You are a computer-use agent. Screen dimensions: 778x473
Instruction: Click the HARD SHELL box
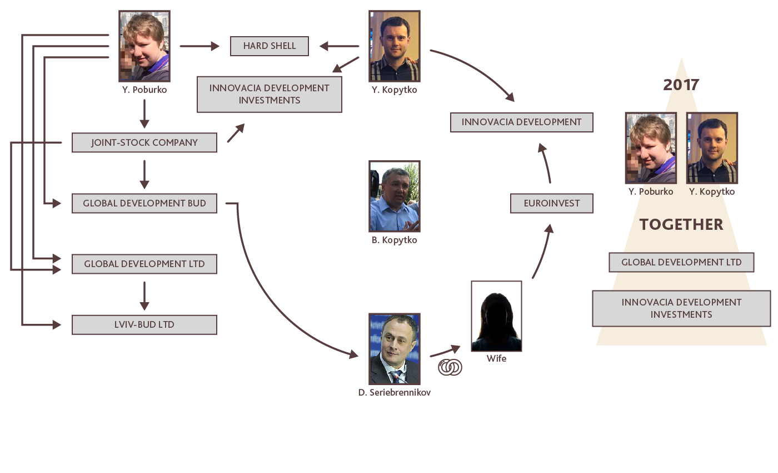click(269, 46)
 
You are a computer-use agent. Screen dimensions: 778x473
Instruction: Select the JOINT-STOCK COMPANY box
click(144, 142)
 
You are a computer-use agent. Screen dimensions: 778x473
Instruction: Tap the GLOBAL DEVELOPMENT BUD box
click(144, 204)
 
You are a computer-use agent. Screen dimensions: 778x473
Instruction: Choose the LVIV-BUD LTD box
click(144, 325)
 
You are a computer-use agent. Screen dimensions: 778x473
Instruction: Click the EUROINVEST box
click(551, 204)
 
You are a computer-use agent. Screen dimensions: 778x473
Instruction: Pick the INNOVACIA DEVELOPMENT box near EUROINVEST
click(521, 122)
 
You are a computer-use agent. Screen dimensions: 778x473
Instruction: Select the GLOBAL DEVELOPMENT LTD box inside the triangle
click(681, 262)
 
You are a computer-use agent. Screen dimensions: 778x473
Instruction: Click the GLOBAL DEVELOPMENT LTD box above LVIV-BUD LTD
click(144, 264)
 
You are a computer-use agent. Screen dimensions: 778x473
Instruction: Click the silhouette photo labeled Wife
click(496, 316)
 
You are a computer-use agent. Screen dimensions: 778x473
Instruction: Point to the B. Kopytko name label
click(394, 240)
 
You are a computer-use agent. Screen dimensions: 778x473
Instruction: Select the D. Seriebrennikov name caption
click(394, 393)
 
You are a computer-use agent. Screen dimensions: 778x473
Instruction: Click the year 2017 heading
click(681, 85)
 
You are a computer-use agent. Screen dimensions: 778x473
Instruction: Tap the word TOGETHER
click(681, 225)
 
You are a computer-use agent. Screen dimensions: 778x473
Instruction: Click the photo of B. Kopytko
click(394, 196)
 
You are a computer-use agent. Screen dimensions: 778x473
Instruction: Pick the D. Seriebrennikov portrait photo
click(394, 349)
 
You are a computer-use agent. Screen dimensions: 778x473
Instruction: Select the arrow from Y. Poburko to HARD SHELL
click(200, 46)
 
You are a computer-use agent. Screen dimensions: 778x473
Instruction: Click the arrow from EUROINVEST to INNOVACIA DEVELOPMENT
click(545, 162)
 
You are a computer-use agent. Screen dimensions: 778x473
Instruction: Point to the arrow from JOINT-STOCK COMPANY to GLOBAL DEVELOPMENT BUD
click(144, 174)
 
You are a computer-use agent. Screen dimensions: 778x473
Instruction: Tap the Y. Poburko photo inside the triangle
click(651, 148)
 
